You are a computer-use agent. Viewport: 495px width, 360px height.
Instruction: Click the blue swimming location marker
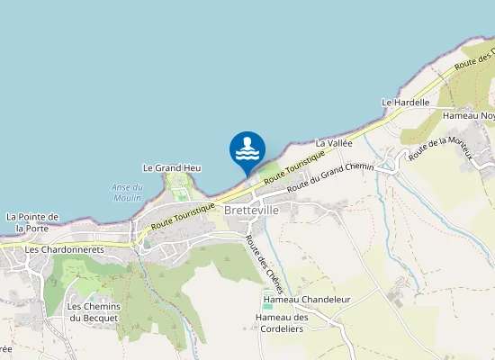pyautogui.click(x=247, y=151)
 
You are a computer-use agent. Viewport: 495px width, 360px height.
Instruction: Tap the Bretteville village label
pyautogui.click(x=253, y=210)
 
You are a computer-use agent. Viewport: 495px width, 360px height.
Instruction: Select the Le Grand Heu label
pyautogui.click(x=172, y=167)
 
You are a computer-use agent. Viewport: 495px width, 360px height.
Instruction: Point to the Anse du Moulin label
pyautogui.click(x=128, y=193)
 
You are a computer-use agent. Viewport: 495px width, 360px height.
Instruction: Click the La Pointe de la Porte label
pyautogui.click(x=32, y=222)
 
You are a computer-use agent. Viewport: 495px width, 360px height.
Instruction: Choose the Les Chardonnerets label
pyautogui.click(x=65, y=249)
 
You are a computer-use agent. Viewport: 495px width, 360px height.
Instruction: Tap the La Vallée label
pyautogui.click(x=332, y=143)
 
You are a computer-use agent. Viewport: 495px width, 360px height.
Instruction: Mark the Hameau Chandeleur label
pyautogui.click(x=306, y=299)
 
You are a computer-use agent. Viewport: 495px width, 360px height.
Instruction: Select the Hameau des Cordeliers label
pyautogui.click(x=282, y=323)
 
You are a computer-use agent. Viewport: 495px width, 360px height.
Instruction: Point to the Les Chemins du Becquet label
pyautogui.click(x=94, y=312)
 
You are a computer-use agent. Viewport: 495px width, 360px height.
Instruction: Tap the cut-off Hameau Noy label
pyautogui.click(x=468, y=115)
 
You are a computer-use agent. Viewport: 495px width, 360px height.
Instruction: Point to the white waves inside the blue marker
pyautogui.click(x=247, y=154)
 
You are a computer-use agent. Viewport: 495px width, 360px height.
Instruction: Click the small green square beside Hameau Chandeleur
pyautogui.click(x=267, y=307)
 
